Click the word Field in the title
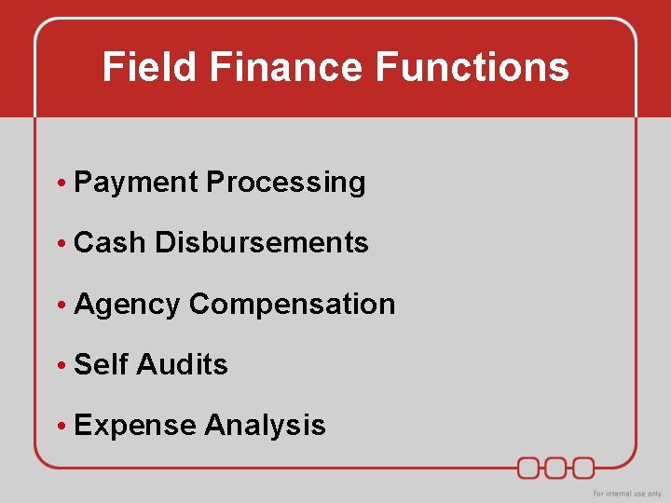coord(149,67)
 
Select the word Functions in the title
coord(472,67)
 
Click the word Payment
coord(136,183)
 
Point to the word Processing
coord(285,183)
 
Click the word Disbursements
coord(262,243)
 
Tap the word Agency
coord(127,305)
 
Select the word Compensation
coord(292,305)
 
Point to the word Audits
coord(182,364)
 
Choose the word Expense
coord(134,426)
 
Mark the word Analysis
coord(265,426)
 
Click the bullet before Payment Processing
coord(60,184)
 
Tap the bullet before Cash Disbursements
coord(60,244)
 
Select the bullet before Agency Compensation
coord(60,306)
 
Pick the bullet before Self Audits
coord(60,365)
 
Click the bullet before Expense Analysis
coord(60,427)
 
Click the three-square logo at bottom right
coord(556,467)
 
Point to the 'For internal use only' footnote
coord(626,493)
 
